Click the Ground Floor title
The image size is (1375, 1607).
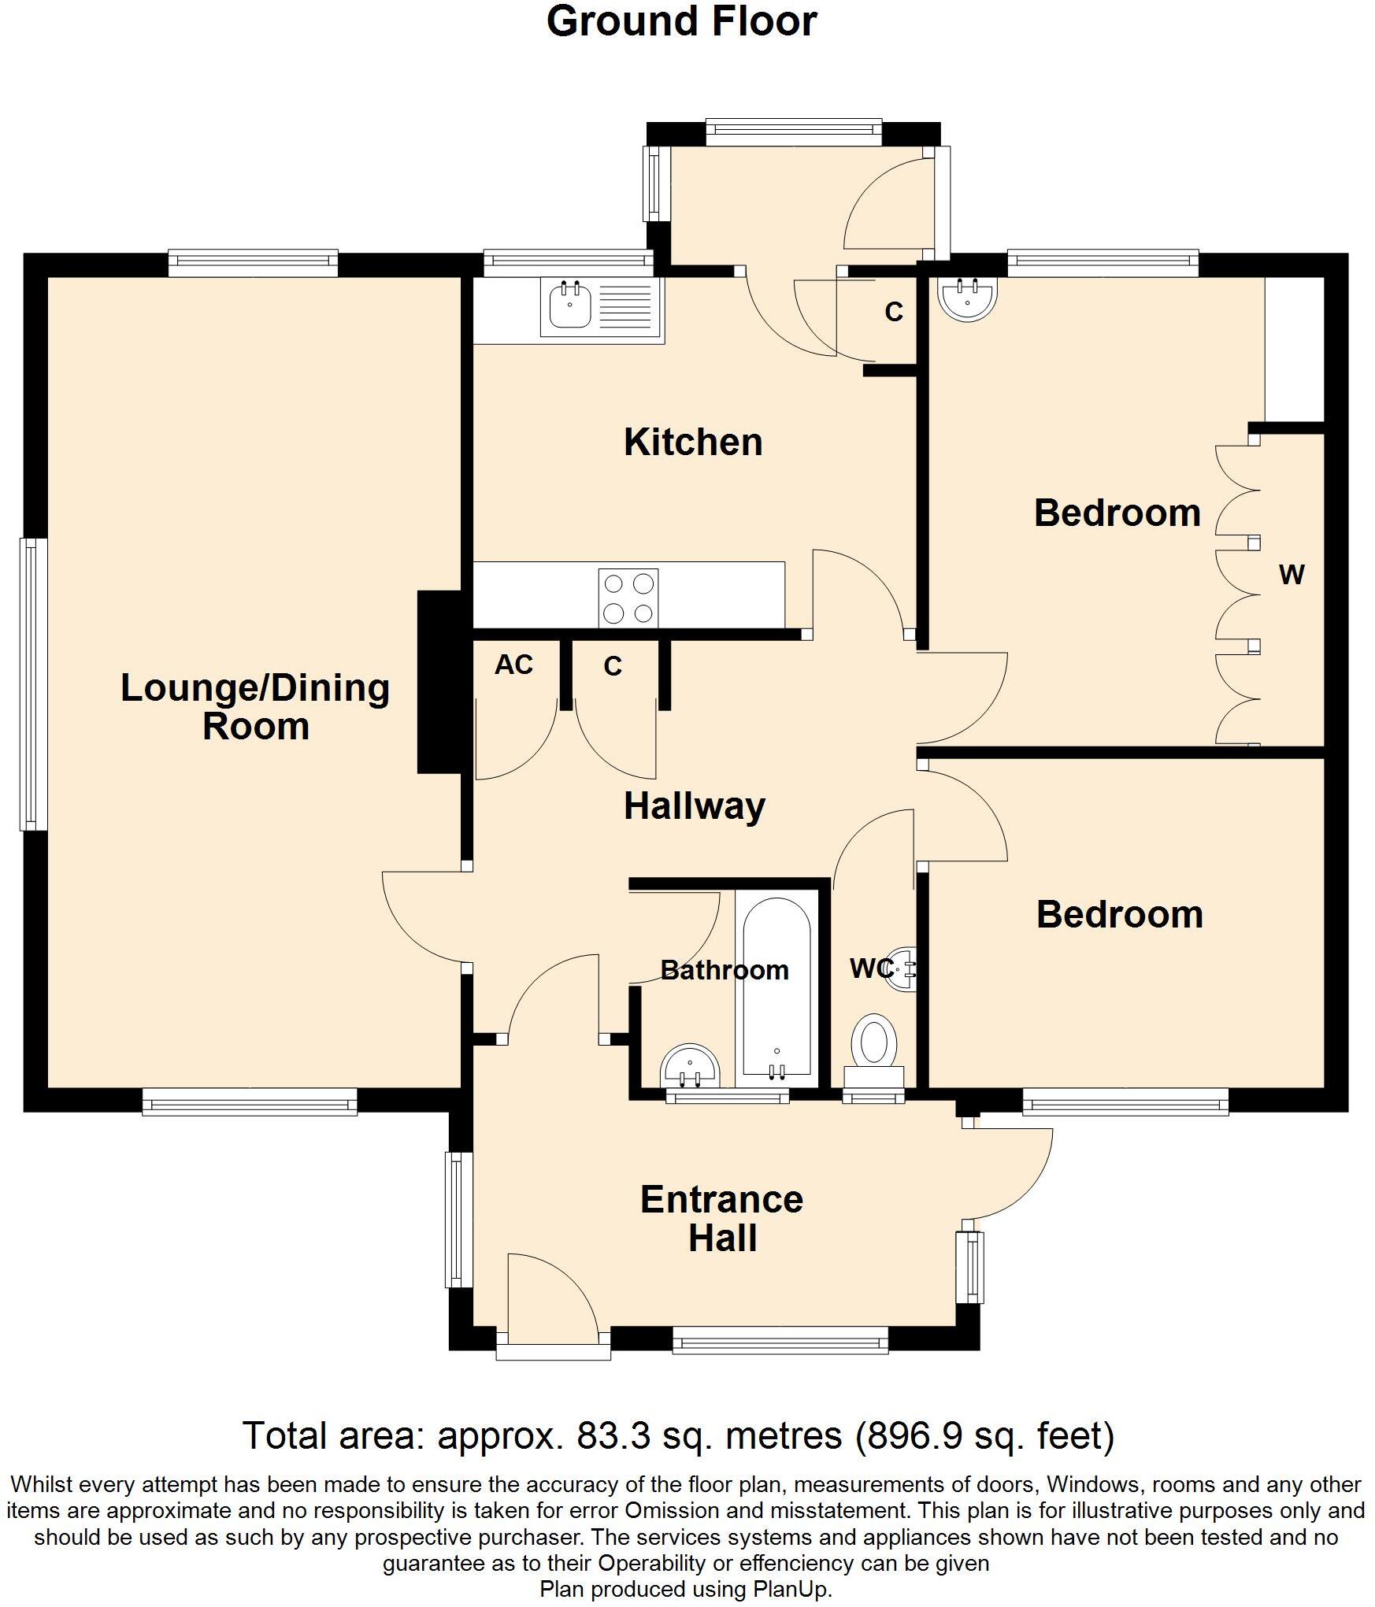pyautogui.click(x=681, y=22)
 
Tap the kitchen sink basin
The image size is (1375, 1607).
pyautogui.click(x=569, y=306)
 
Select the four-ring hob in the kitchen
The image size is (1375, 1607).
pyautogui.click(x=628, y=598)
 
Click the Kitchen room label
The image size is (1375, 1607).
pyautogui.click(x=693, y=442)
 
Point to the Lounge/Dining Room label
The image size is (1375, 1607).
pyautogui.click(x=255, y=706)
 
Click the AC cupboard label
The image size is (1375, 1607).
pyautogui.click(x=513, y=665)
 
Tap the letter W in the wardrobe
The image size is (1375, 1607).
pyautogui.click(x=1292, y=575)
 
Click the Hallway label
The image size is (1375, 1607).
pyautogui.click(x=694, y=806)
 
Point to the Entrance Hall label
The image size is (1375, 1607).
pyautogui.click(x=721, y=1219)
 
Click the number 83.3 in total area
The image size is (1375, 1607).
pyautogui.click(x=614, y=1436)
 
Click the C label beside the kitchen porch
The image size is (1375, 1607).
pyautogui.click(x=893, y=313)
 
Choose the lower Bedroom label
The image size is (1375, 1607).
pyautogui.click(x=1119, y=915)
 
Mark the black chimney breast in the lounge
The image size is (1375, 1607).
pyautogui.click(x=439, y=682)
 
